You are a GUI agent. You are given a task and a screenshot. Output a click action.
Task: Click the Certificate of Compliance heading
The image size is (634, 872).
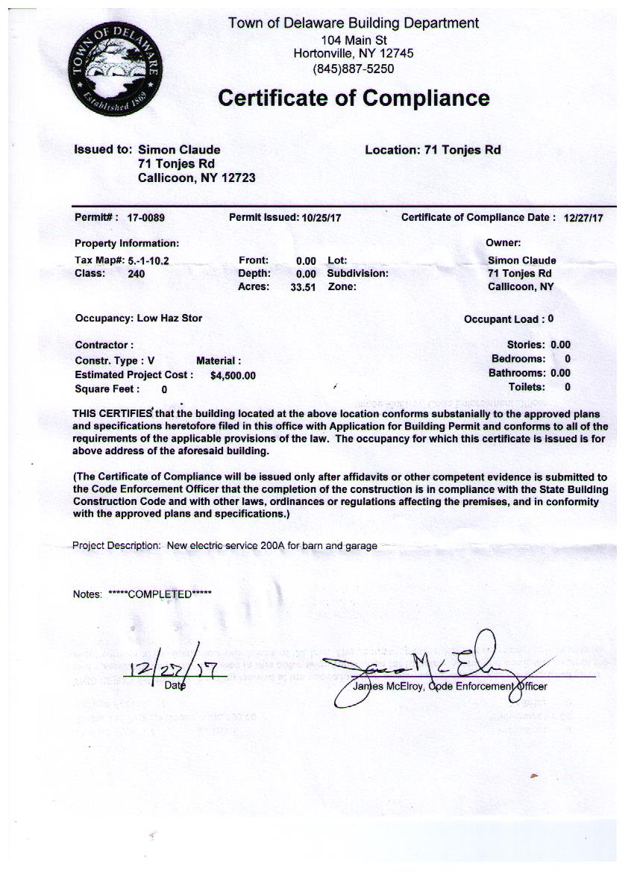click(x=354, y=98)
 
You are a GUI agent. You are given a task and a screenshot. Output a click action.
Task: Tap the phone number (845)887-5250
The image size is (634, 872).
click(x=354, y=69)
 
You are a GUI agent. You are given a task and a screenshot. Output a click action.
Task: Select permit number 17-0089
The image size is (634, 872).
click(x=145, y=219)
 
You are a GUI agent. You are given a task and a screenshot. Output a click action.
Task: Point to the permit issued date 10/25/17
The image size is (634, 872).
click(x=321, y=219)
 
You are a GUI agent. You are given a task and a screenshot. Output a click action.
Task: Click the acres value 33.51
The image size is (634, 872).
click(x=304, y=287)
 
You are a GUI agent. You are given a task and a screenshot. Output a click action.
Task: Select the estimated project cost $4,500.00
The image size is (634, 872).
click(x=233, y=376)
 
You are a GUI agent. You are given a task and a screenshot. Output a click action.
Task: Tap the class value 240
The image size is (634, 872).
click(x=136, y=274)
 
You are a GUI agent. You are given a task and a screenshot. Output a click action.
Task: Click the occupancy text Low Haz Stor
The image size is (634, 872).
click(x=169, y=318)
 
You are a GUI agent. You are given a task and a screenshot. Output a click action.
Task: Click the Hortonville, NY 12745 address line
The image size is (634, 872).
click(x=354, y=54)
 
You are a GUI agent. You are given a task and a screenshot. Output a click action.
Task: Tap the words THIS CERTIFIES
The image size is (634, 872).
click(x=112, y=413)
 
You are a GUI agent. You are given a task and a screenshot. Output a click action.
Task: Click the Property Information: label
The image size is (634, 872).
click(x=127, y=243)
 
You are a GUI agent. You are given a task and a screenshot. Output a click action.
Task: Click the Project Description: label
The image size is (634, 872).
click(x=116, y=545)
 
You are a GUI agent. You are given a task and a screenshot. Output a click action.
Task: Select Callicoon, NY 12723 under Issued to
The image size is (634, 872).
click(x=197, y=178)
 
